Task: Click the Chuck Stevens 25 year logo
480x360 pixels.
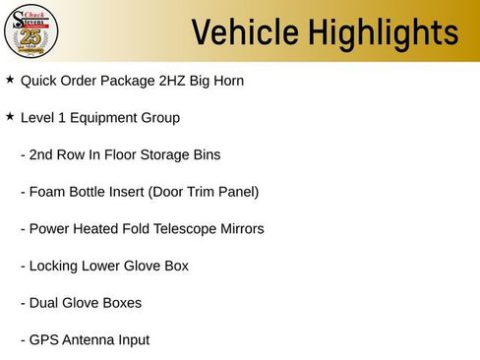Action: pos(32,31)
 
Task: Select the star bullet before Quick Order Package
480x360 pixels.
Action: pos(10,79)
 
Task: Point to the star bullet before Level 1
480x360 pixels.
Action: pos(10,116)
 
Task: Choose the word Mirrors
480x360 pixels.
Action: pos(239,229)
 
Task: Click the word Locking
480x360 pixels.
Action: pos(55,267)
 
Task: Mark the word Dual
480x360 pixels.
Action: pos(45,303)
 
